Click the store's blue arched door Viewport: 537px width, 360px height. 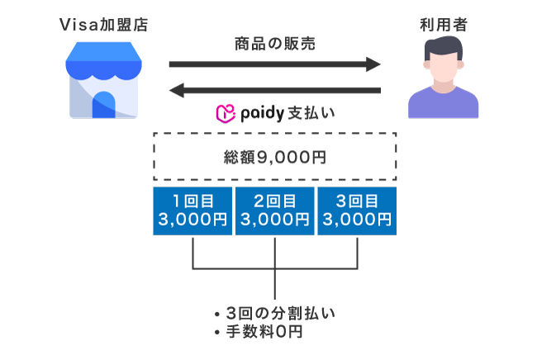coord(104,105)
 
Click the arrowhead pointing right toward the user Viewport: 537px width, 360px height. coord(373,64)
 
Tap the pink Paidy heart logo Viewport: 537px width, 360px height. coord(223,113)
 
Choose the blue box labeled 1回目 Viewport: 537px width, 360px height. coord(192,211)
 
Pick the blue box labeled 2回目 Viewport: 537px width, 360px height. coord(274,211)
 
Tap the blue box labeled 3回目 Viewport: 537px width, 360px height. coord(357,211)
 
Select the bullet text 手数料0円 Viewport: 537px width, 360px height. coord(264,332)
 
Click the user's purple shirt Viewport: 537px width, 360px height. coord(443,105)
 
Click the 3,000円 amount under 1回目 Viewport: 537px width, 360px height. coord(192,220)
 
